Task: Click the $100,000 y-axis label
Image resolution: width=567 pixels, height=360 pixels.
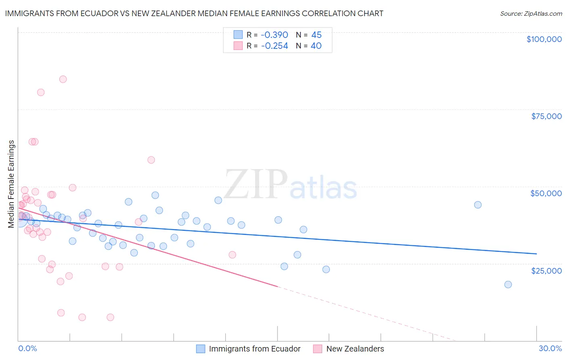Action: click(544, 39)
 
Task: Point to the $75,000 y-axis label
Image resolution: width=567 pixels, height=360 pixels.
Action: click(546, 116)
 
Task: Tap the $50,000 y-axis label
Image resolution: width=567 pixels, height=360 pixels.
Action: click(546, 193)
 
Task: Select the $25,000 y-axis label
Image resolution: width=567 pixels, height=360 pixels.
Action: click(546, 270)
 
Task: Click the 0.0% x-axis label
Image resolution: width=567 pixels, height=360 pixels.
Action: click(27, 348)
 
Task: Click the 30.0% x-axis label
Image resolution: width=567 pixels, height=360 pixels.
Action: click(550, 348)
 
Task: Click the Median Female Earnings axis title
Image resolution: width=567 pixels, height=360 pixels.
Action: click(11, 184)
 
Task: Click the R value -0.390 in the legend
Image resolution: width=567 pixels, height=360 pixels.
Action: click(275, 35)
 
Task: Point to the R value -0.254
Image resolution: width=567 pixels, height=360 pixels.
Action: click(275, 46)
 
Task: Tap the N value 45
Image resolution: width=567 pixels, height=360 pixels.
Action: click(316, 35)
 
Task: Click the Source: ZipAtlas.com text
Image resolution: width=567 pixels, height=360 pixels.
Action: click(531, 14)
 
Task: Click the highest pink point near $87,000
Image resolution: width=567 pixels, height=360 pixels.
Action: click(63, 79)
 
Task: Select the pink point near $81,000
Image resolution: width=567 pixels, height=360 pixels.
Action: click(41, 92)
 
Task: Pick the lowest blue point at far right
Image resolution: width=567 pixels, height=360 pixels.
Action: click(508, 285)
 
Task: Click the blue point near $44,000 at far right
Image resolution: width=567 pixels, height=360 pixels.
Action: click(478, 205)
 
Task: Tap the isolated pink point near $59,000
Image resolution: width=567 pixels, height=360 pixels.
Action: click(151, 160)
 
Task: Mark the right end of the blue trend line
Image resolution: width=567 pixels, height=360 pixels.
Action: click(536, 253)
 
